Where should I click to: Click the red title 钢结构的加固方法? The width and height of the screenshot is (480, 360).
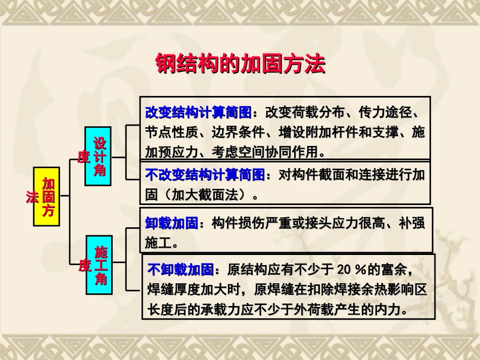click(240, 64)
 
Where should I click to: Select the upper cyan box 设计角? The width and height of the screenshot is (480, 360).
click(99, 156)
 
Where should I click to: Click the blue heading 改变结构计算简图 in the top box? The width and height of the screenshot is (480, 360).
click(198, 112)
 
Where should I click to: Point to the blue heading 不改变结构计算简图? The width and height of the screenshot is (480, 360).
click(205, 175)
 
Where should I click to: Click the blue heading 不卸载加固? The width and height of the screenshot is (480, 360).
click(180, 270)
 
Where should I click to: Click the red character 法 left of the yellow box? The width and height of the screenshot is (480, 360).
click(32, 197)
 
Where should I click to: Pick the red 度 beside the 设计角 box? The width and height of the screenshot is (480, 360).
click(83, 157)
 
